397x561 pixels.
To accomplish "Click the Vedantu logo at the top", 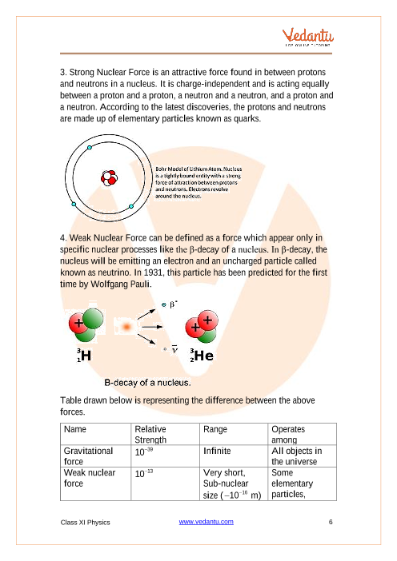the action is pyautogui.click(x=308, y=37).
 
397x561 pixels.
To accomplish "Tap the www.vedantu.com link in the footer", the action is pyautogui.click(x=206, y=522).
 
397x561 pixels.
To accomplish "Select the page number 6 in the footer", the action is pyautogui.click(x=331, y=522).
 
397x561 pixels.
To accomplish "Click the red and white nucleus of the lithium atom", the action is pyautogui.click(x=110, y=178).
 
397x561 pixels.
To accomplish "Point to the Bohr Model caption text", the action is pyautogui.click(x=198, y=182).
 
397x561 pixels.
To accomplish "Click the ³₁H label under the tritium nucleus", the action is pyautogui.click(x=84, y=356).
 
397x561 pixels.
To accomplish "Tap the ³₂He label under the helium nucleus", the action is pyautogui.click(x=202, y=356).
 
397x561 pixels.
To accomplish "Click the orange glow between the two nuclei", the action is pyautogui.click(x=126, y=327).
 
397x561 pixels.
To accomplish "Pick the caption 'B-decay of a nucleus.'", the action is pyautogui.click(x=147, y=383).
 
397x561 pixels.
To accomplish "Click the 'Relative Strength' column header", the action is pyautogui.click(x=150, y=435).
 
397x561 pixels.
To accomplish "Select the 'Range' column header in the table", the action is pyautogui.click(x=215, y=429).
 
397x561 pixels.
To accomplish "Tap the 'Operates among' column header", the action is pyautogui.click(x=288, y=435).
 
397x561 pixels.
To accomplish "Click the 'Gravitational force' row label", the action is pyautogui.click(x=88, y=456).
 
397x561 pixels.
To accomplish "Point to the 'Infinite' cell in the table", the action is pyautogui.click(x=217, y=452).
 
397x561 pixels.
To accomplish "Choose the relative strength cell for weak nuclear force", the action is pyautogui.click(x=144, y=473).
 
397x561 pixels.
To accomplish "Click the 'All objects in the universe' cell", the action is pyautogui.click(x=297, y=456).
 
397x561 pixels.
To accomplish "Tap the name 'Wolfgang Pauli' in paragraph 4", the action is pyautogui.click(x=121, y=284).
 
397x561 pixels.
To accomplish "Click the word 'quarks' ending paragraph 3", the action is pyautogui.click(x=247, y=119).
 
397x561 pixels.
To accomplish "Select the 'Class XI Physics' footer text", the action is pyautogui.click(x=86, y=523).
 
